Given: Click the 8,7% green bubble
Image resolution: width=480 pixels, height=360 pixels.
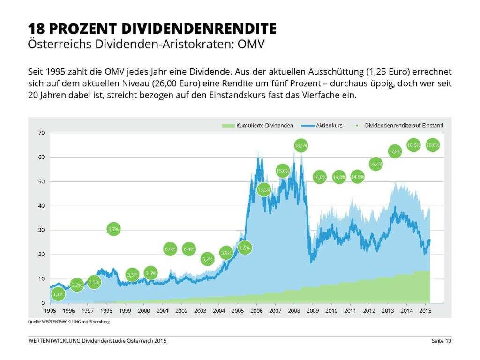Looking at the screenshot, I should tap(113, 229).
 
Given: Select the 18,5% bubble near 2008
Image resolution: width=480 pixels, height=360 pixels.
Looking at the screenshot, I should tap(301, 146).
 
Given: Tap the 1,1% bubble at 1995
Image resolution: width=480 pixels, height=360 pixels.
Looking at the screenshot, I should tap(58, 294).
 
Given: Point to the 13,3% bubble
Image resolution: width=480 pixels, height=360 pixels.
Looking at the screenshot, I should tap(264, 190).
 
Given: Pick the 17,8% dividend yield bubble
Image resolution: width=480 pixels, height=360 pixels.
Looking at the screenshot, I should tap(395, 151).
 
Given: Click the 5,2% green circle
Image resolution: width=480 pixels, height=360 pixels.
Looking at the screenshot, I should tap(207, 258).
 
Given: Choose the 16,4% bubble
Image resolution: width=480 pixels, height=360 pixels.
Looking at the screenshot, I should tap(376, 164).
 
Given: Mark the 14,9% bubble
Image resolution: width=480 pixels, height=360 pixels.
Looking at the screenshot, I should tap(357, 177).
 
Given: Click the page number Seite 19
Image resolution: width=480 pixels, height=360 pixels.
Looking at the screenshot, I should tap(441, 341).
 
